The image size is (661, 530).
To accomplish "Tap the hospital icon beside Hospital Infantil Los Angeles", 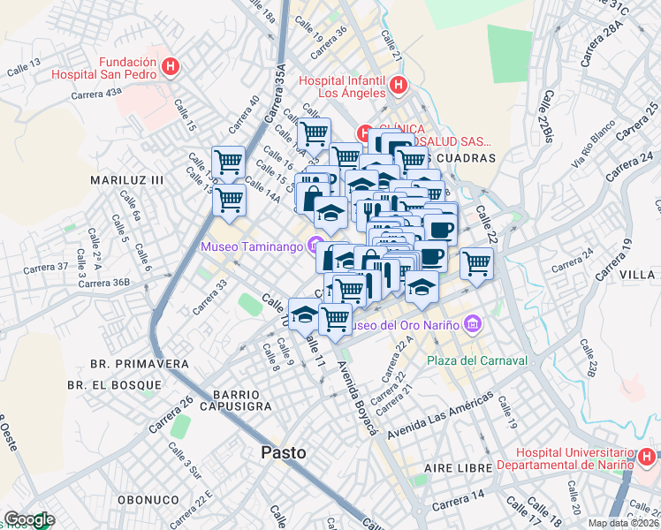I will click(x=398, y=86).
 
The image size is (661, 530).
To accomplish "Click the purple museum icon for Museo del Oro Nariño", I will click(x=473, y=324).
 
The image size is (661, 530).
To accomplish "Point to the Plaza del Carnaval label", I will click(x=476, y=360).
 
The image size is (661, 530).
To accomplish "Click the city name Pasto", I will click(x=284, y=452).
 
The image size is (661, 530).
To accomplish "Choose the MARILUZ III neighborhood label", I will click(x=127, y=179).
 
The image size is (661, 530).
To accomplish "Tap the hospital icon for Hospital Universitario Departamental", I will click(x=647, y=457).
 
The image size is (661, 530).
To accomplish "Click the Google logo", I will click(x=29, y=519).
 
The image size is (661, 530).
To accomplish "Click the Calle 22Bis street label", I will click(x=549, y=115).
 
